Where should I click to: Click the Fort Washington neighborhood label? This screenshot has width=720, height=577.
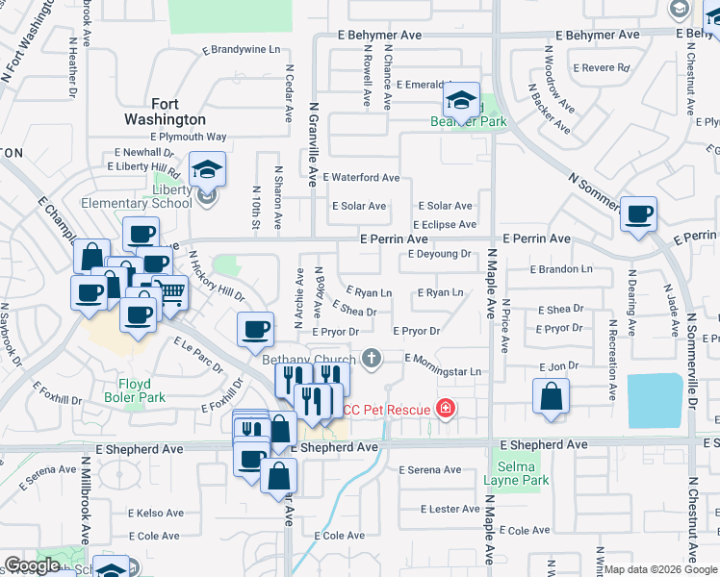tap(165, 112)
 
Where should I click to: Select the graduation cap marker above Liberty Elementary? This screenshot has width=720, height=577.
tap(207, 171)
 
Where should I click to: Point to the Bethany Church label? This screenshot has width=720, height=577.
tap(309, 360)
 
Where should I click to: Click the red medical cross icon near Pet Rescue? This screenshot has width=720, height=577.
tap(445, 410)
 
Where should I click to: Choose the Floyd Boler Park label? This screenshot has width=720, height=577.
tap(135, 390)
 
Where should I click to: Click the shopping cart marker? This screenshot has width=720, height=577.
tap(170, 293)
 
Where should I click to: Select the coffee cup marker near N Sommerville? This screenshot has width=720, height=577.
tap(638, 215)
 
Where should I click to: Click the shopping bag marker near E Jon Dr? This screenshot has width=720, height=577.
tap(551, 396)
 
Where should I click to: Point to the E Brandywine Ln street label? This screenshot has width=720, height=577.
tap(241, 50)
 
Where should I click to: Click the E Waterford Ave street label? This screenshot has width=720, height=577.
tap(361, 178)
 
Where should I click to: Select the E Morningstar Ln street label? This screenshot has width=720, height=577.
tap(442, 371)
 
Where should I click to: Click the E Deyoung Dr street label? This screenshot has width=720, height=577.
tap(438, 255)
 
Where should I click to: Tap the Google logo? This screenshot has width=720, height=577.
tap(33, 565)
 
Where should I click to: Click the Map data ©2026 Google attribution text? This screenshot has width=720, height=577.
tap(660, 569)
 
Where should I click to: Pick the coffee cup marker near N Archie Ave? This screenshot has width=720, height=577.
tap(256, 330)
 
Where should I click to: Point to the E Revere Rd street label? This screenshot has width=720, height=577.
tap(602, 68)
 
